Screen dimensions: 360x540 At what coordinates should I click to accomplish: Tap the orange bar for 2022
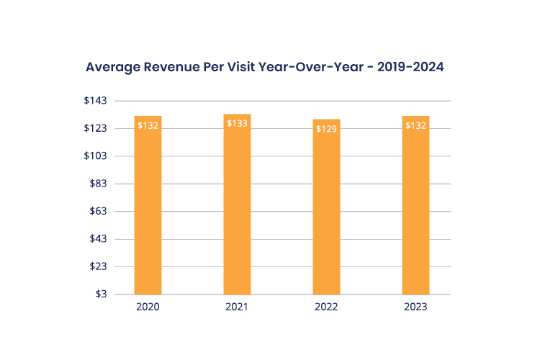pos(326,209)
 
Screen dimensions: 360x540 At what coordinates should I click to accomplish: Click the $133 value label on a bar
pos(237,124)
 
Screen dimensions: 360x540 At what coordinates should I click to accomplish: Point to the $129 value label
pos(326,129)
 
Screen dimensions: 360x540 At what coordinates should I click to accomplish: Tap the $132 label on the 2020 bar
pos(148,125)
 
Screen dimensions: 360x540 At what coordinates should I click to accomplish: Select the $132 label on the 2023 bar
pos(415,125)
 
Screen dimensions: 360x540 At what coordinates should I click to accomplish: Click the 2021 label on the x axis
pos(237,307)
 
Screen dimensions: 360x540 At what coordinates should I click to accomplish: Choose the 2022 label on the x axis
pos(326,307)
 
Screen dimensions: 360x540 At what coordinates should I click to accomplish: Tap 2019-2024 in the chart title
pos(407,67)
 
